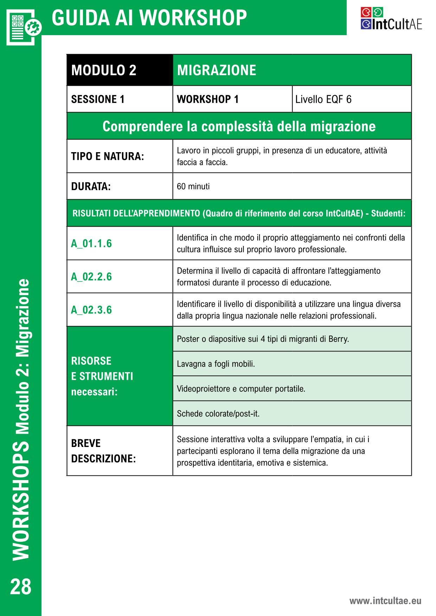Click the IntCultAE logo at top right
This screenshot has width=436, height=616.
tap(391, 19)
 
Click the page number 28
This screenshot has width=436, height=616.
tap(21, 587)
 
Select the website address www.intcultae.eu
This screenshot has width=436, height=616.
tap(385, 601)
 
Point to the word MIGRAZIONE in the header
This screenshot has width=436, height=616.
tap(217, 70)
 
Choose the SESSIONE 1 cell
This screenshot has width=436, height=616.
tap(98, 99)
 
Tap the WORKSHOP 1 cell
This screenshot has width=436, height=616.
tap(208, 99)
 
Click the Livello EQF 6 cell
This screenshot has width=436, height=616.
tap(323, 99)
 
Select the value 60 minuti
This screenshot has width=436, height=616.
tap(193, 186)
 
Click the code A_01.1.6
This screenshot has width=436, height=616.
tap(91, 244)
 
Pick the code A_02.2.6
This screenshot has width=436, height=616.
tap(91, 277)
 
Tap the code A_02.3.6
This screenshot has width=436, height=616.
tap(91, 310)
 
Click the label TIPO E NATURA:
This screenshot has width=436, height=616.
tap(108, 156)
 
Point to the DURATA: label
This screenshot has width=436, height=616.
tap(91, 186)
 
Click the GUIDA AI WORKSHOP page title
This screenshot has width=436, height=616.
tap(149, 18)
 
